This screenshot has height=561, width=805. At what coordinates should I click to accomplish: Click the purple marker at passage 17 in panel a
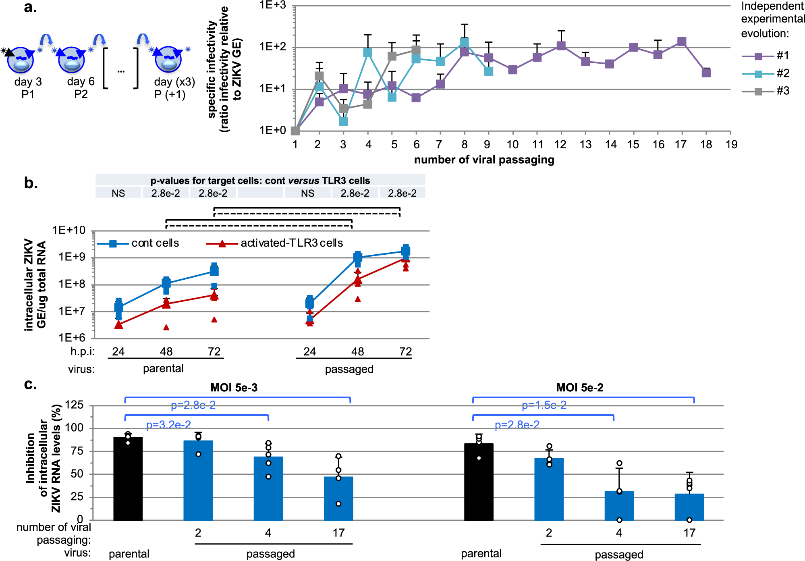[681, 42]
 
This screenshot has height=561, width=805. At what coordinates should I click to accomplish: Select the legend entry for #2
[766, 73]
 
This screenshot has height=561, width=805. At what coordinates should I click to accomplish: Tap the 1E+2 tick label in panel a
[272, 47]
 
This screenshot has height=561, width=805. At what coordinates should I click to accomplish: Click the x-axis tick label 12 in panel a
[560, 144]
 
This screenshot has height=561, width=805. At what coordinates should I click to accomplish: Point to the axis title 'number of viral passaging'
[484, 160]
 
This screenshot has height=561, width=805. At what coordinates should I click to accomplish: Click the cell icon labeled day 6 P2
[71, 60]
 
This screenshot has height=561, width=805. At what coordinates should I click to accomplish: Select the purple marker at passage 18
[706, 73]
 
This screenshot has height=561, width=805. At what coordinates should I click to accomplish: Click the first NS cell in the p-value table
[118, 193]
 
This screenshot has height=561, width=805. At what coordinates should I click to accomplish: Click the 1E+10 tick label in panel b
[69, 231]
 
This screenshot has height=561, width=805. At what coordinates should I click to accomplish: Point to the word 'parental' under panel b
[163, 368]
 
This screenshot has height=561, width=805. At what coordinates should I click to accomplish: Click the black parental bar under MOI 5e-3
[128, 479]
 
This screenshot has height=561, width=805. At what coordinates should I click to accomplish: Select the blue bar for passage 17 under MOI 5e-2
[689, 507]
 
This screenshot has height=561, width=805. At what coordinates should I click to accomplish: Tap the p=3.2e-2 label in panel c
[168, 425]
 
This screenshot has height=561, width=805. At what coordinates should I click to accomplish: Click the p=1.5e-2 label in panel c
[544, 405]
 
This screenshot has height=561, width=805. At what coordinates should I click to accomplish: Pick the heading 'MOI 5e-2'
[579, 388]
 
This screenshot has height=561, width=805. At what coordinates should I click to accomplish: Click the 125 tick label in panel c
[74, 405]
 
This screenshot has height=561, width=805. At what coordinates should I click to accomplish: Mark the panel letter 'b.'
[31, 183]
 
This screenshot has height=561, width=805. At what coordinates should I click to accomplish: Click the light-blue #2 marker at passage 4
[367, 53]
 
